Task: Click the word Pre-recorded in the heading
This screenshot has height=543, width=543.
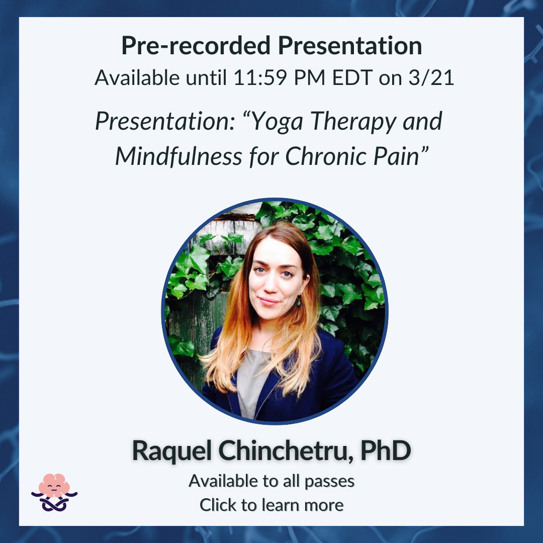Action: pos(196,46)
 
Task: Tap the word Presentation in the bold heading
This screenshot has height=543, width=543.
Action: pos(350,46)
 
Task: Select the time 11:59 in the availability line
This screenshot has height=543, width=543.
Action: pos(260,77)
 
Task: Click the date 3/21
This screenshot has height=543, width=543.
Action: pos(431,77)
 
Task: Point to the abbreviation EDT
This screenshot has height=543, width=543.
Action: pos(352,77)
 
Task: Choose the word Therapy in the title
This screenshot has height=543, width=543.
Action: pos(353,122)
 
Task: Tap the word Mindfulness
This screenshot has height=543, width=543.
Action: pos(178,156)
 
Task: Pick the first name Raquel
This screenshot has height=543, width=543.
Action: pos(172,451)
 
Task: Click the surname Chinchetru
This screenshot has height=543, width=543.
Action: pos(286,450)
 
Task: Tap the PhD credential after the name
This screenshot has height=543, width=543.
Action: pos(386,450)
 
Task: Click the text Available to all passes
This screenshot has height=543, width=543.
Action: pos(271,481)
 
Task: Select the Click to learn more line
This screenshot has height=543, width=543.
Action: pos(271,505)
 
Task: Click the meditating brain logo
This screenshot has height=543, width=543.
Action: pos(54,492)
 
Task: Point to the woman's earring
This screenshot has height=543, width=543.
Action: pos(299,301)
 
